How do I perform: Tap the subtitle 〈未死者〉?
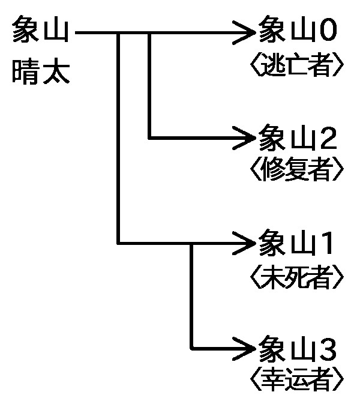click(x=296, y=276)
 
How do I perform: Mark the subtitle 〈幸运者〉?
click(x=296, y=379)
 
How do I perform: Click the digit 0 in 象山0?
click(x=329, y=31)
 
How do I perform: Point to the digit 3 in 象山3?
click(x=329, y=348)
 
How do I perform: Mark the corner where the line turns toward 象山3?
click(x=191, y=348)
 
